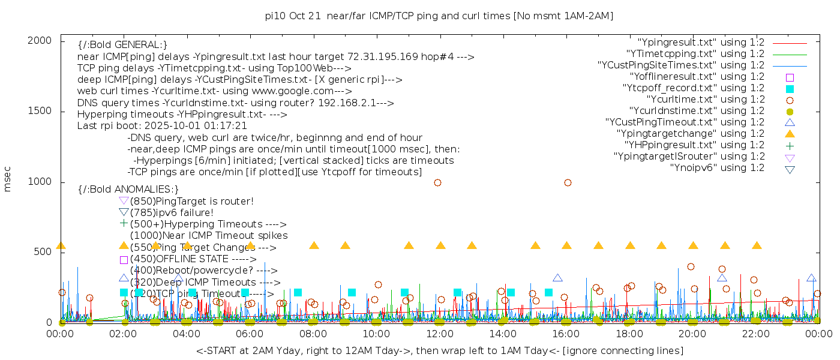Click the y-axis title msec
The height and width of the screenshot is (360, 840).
(8, 179)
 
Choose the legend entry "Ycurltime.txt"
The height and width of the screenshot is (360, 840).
(705, 100)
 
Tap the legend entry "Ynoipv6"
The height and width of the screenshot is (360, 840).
(717, 168)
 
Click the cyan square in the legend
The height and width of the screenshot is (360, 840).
(790, 89)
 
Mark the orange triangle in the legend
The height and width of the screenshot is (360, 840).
(790, 134)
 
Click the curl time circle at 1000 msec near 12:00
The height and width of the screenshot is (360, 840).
(437, 182)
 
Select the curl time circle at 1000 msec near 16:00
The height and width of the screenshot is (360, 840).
(568, 182)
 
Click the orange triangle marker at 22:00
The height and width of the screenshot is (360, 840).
(757, 245)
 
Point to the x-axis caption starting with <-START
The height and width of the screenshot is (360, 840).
(439, 350)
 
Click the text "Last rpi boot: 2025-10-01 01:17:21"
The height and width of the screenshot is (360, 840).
(162, 126)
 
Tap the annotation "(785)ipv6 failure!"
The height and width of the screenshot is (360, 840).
(172, 212)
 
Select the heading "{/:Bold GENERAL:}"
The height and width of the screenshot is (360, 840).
(122, 45)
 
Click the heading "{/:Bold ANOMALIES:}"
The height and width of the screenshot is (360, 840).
(128, 189)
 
